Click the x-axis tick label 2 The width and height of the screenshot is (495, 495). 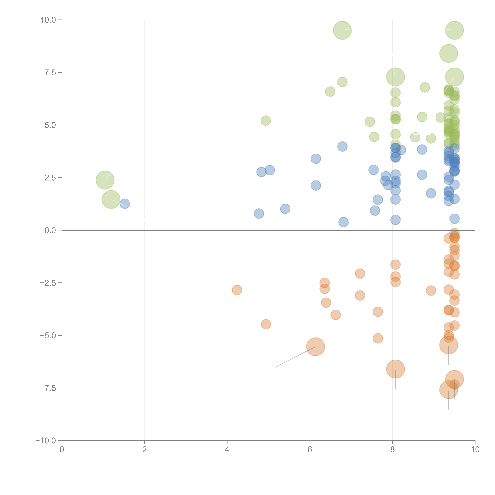tap(145, 449)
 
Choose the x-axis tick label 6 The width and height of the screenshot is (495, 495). tap(310, 449)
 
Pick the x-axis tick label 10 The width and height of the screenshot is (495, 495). tap(475, 449)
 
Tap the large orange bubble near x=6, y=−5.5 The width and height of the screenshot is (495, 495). tap(315, 347)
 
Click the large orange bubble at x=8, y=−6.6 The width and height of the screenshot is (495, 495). tap(395, 369)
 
